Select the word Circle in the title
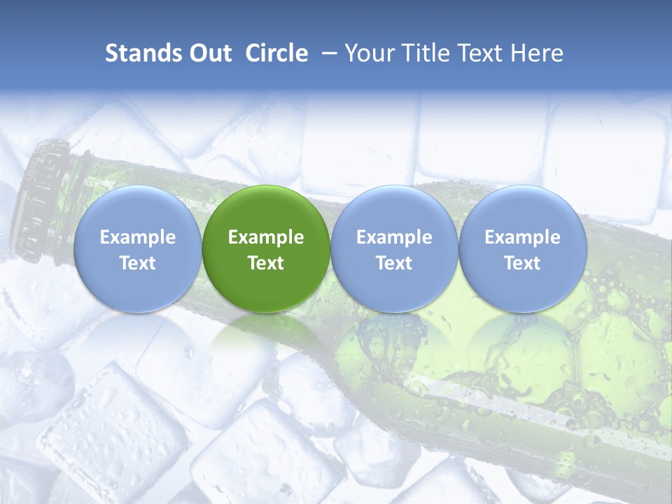(x=276, y=53)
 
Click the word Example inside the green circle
(x=266, y=237)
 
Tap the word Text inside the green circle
(x=266, y=263)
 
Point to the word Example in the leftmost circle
(x=137, y=237)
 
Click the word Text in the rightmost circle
(x=522, y=263)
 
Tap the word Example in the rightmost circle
(x=522, y=237)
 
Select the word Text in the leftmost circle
(x=137, y=263)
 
